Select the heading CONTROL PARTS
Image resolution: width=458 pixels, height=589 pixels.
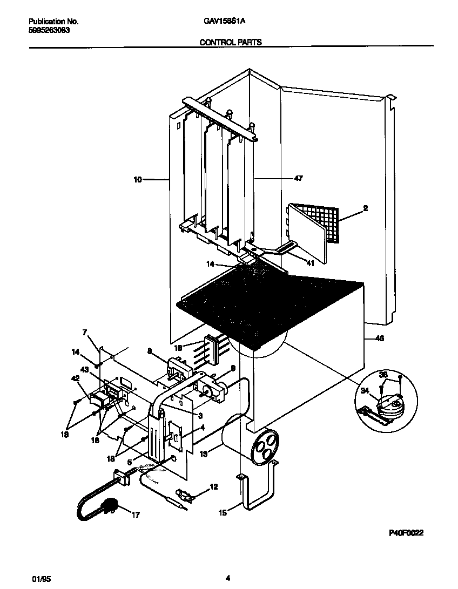point(231,42)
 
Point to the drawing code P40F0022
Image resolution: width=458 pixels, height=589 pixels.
point(406,532)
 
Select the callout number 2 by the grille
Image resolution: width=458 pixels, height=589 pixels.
point(365,208)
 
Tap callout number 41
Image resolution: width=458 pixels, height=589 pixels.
point(310,263)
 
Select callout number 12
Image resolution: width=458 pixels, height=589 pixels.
point(213,487)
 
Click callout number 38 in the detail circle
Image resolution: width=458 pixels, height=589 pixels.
point(383,374)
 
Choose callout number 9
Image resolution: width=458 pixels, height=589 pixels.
point(233,369)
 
